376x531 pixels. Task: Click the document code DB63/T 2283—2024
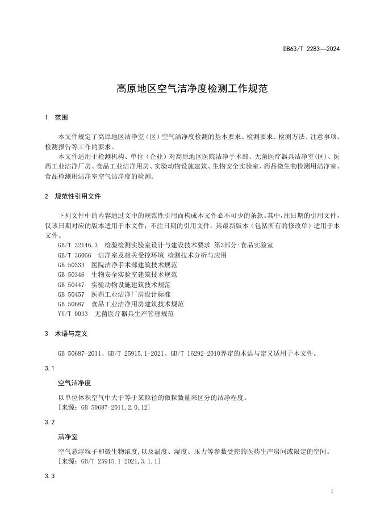click(311, 49)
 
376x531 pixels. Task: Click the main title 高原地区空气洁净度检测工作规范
click(188, 89)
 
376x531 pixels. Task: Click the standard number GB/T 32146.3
click(78, 245)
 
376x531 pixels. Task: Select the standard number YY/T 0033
click(73, 314)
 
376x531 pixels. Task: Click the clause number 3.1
click(49, 369)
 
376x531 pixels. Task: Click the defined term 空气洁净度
click(74, 383)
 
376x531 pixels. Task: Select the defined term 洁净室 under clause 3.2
click(68, 437)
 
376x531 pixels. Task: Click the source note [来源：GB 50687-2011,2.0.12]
click(104, 408)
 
